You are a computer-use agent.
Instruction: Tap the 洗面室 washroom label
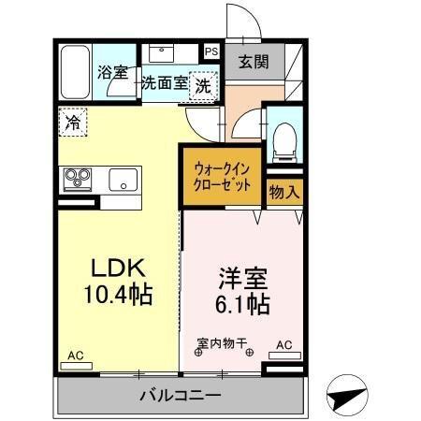point(164,82)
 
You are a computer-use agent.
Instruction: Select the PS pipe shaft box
point(211,52)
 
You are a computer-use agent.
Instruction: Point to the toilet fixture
point(283,137)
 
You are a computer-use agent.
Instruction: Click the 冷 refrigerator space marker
point(71,120)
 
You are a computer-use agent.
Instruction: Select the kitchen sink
point(123,179)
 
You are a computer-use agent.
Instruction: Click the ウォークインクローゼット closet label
point(222,176)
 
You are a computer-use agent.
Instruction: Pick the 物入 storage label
point(284,194)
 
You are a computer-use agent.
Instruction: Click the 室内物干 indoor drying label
point(224,342)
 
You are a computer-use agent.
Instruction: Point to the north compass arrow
point(347,396)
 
